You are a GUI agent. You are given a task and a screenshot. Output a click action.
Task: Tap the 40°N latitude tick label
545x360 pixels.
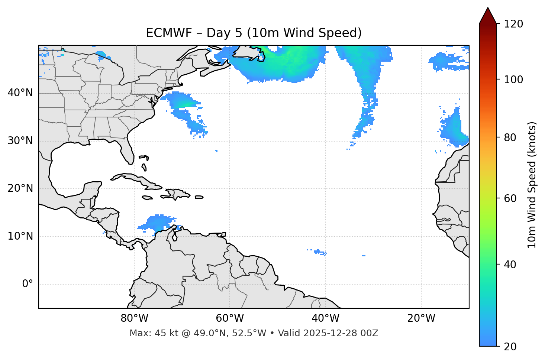[20, 93]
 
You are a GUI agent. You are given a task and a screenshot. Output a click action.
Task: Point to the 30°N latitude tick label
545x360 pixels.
[20, 141]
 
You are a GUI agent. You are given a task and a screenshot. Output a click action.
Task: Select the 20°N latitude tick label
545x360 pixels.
[20, 188]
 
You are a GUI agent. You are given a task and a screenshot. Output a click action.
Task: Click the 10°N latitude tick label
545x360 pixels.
[20, 236]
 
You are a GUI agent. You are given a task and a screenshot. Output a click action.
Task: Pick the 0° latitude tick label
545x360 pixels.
[27, 284]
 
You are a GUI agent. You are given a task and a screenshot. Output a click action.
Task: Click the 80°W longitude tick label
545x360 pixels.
[134, 318]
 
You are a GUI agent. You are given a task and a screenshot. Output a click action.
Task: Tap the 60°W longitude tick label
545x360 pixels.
[230, 318]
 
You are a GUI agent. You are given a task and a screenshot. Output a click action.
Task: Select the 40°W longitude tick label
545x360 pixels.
[325, 318]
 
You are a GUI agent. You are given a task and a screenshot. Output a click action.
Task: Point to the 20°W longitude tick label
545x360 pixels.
[421, 318]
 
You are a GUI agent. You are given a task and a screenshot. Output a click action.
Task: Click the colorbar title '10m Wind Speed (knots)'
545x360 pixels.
[532, 185]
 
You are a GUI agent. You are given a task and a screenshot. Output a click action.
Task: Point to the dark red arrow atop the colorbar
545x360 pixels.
[488, 16]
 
